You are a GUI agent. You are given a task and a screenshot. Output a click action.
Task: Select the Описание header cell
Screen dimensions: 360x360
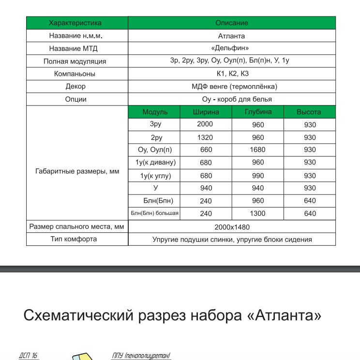tap(231, 23)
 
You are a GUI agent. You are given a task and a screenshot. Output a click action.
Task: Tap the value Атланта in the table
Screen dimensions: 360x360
tap(231, 36)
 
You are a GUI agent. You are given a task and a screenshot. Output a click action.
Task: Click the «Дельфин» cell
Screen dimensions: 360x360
tap(231, 48)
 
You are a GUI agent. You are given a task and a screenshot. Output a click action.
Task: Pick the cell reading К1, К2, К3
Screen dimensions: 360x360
tap(231, 74)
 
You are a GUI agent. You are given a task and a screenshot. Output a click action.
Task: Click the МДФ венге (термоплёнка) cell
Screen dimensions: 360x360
tap(231, 87)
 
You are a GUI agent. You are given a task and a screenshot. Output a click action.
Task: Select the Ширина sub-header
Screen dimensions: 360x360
tap(205, 112)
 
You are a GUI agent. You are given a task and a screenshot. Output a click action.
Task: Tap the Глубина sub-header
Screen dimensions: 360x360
tap(257, 112)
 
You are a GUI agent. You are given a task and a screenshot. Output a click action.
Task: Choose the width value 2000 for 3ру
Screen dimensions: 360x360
tap(205, 125)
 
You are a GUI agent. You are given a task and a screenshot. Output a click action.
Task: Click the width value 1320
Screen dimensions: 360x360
tap(205, 137)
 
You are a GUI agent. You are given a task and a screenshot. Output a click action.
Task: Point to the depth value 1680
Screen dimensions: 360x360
tap(257, 150)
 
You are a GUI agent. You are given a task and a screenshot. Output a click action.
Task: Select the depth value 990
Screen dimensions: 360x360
tap(257, 176)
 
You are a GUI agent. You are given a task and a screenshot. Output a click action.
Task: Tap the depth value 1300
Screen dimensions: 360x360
tap(257, 213)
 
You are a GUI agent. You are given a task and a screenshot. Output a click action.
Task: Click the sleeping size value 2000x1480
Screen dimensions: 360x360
tap(231, 226)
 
